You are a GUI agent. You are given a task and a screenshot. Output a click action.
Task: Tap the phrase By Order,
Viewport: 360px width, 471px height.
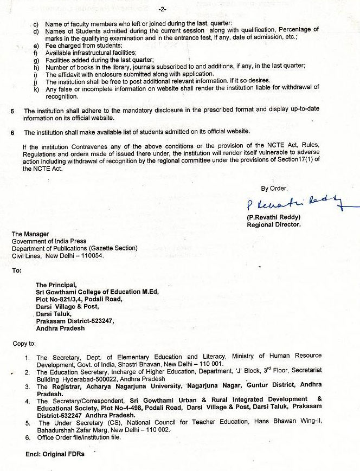coord(273,188)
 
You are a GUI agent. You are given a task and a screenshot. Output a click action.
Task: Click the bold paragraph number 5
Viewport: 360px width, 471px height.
coord(12,110)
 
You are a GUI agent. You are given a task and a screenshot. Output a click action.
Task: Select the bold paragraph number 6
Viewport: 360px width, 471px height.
coord(12,132)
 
